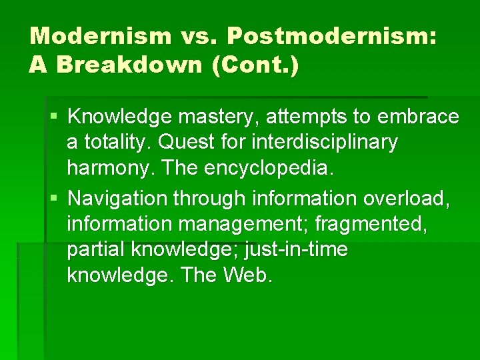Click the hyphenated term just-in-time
(x=297, y=249)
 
